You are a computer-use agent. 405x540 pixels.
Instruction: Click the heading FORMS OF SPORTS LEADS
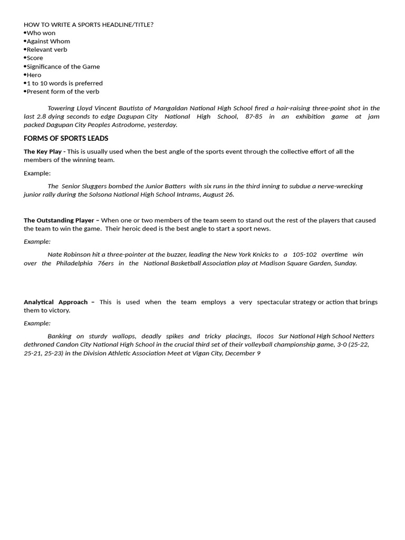(x=66, y=138)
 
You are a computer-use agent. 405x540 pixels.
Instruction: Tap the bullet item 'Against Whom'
(x=48, y=41)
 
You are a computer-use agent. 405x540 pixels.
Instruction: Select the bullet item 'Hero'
(x=34, y=75)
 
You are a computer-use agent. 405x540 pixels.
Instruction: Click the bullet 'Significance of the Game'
(x=63, y=66)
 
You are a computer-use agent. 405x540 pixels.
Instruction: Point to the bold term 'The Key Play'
(x=43, y=151)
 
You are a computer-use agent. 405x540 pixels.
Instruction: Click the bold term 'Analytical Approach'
(x=56, y=302)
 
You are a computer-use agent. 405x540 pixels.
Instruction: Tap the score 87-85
(x=254, y=117)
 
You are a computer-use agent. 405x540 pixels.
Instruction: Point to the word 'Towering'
(x=61, y=108)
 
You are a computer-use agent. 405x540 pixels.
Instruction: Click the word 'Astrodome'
(x=143, y=125)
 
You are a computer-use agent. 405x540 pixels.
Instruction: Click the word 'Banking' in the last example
(x=59, y=336)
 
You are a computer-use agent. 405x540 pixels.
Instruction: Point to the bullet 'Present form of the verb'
(x=63, y=92)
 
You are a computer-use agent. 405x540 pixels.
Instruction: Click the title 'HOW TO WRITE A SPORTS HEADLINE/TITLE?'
(x=89, y=24)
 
